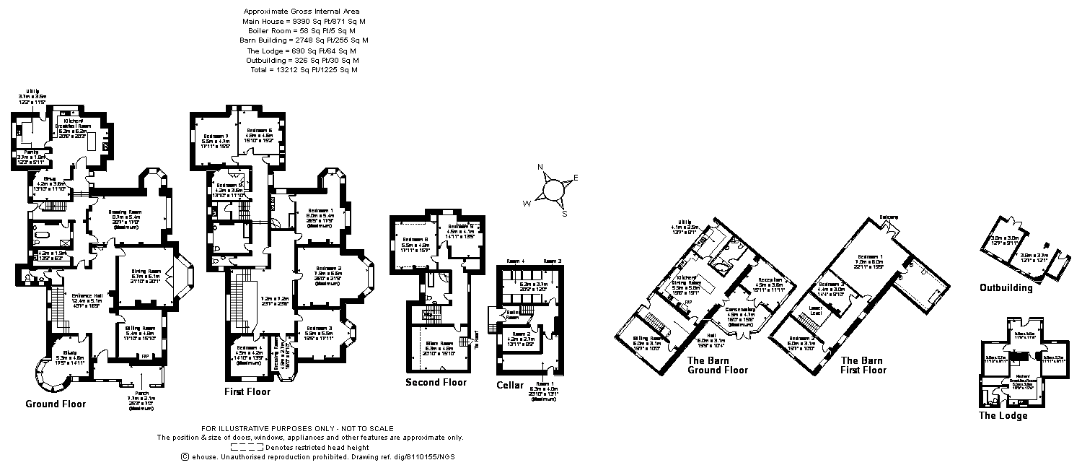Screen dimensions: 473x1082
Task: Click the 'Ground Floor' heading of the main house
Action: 56,404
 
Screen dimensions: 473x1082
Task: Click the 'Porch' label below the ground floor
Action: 141,394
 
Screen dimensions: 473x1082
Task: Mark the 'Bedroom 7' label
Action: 216,136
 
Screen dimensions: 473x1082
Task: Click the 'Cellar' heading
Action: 510,385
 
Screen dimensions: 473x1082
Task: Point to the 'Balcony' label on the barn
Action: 889,216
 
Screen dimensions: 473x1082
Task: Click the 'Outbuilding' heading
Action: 1006,287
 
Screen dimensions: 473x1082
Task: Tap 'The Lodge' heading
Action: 1003,415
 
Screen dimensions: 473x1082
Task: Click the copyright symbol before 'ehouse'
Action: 185,456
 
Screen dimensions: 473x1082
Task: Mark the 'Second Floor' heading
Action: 436,382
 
